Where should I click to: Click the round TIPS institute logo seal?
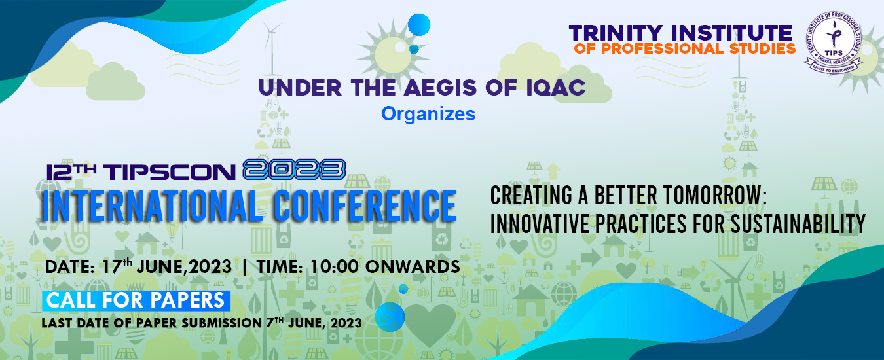833,43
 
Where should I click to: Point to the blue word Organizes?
428,114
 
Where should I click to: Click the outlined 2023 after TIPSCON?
294,170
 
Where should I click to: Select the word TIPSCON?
170,172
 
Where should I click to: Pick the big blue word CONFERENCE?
365,206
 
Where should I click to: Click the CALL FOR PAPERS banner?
136,300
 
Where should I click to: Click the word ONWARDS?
413,267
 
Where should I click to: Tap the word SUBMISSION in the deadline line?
222,323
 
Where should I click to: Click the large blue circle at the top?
418,25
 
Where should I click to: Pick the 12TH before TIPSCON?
71,172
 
